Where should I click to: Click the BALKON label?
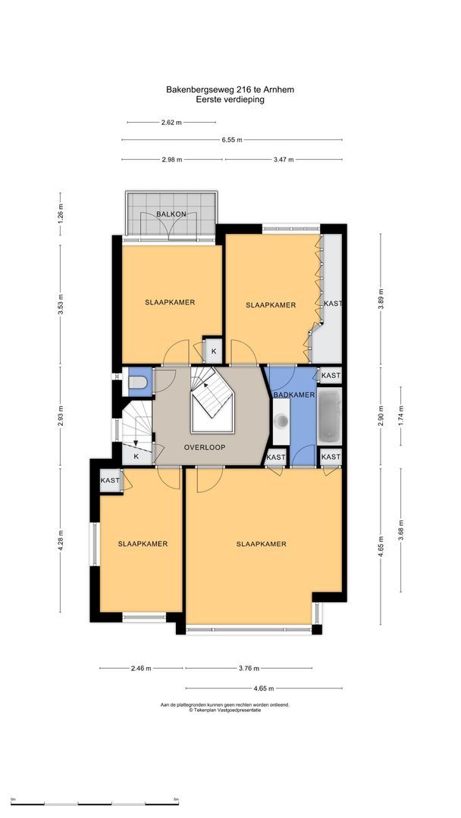(171, 214)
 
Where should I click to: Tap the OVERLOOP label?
(204, 447)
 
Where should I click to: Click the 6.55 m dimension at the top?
(232, 139)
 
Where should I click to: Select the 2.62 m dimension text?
(171, 122)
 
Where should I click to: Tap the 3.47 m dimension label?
(283, 160)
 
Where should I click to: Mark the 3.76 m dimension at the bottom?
(249, 668)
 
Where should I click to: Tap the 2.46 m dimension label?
(140, 668)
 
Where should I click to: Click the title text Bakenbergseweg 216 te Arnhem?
(230, 89)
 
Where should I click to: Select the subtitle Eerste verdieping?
(230, 99)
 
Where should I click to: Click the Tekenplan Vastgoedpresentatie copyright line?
(224, 710)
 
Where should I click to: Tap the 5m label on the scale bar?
(176, 799)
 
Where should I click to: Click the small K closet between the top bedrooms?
(213, 351)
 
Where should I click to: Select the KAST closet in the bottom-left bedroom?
(110, 481)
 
